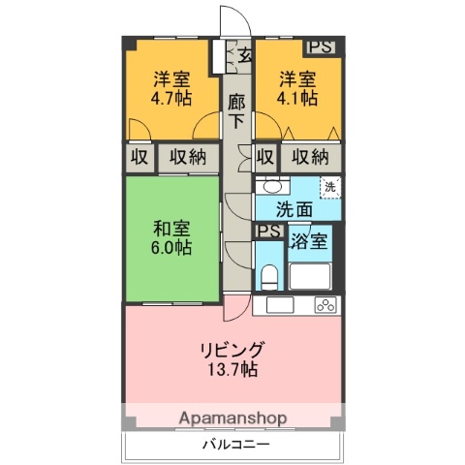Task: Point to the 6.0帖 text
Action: (171, 247)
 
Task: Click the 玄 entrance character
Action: (245, 55)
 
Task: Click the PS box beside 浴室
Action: (268, 231)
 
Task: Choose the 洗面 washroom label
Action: (294, 207)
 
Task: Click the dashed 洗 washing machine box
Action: (331, 187)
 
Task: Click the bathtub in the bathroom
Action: (311, 276)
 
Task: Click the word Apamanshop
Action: (233, 418)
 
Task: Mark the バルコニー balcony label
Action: (233, 447)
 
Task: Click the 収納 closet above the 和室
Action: (188, 156)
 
